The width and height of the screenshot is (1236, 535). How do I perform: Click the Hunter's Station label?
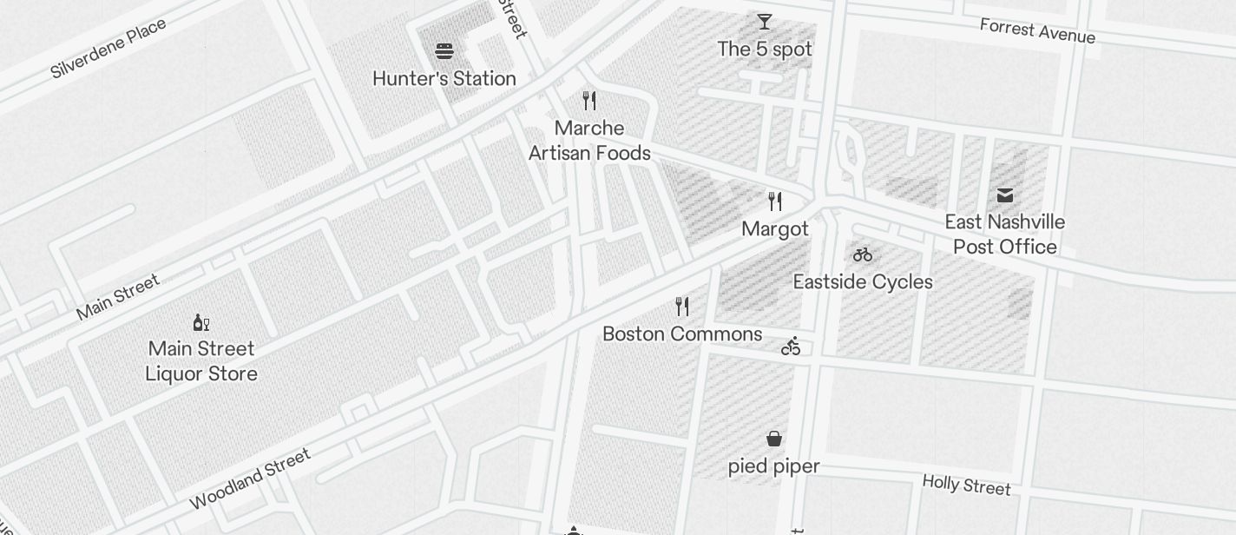(x=444, y=79)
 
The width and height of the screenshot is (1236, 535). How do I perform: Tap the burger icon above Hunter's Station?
(x=444, y=51)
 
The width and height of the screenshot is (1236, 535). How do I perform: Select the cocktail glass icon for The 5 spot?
(x=765, y=22)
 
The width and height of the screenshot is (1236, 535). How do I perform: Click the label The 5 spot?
(x=765, y=50)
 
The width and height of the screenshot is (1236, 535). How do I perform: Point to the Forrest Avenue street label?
(x=1037, y=30)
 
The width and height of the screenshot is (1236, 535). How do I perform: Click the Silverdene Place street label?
(x=108, y=49)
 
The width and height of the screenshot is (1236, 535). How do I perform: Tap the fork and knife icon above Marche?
(x=589, y=101)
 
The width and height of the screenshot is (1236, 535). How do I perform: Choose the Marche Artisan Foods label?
(x=589, y=141)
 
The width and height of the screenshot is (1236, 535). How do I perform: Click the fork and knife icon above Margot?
(x=775, y=201)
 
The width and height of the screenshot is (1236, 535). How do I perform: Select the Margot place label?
(x=775, y=229)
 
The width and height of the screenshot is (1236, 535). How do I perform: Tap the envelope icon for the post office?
(x=1005, y=195)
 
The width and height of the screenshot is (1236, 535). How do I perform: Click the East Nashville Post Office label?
(x=1005, y=234)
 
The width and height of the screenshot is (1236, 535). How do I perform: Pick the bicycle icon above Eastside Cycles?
(x=863, y=254)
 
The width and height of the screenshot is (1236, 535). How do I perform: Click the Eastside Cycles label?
(x=863, y=282)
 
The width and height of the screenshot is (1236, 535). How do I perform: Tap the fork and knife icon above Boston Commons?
(x=682, y=307)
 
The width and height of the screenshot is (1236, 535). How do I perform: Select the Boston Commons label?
(x=682, y=334)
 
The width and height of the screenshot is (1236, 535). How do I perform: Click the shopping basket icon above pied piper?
(x=773, y=439)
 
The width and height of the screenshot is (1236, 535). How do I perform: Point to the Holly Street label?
(x=966, y=485)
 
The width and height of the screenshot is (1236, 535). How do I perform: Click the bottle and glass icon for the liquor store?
(x=201, y=323)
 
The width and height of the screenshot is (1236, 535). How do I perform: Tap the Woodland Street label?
(x=250, y=479)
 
